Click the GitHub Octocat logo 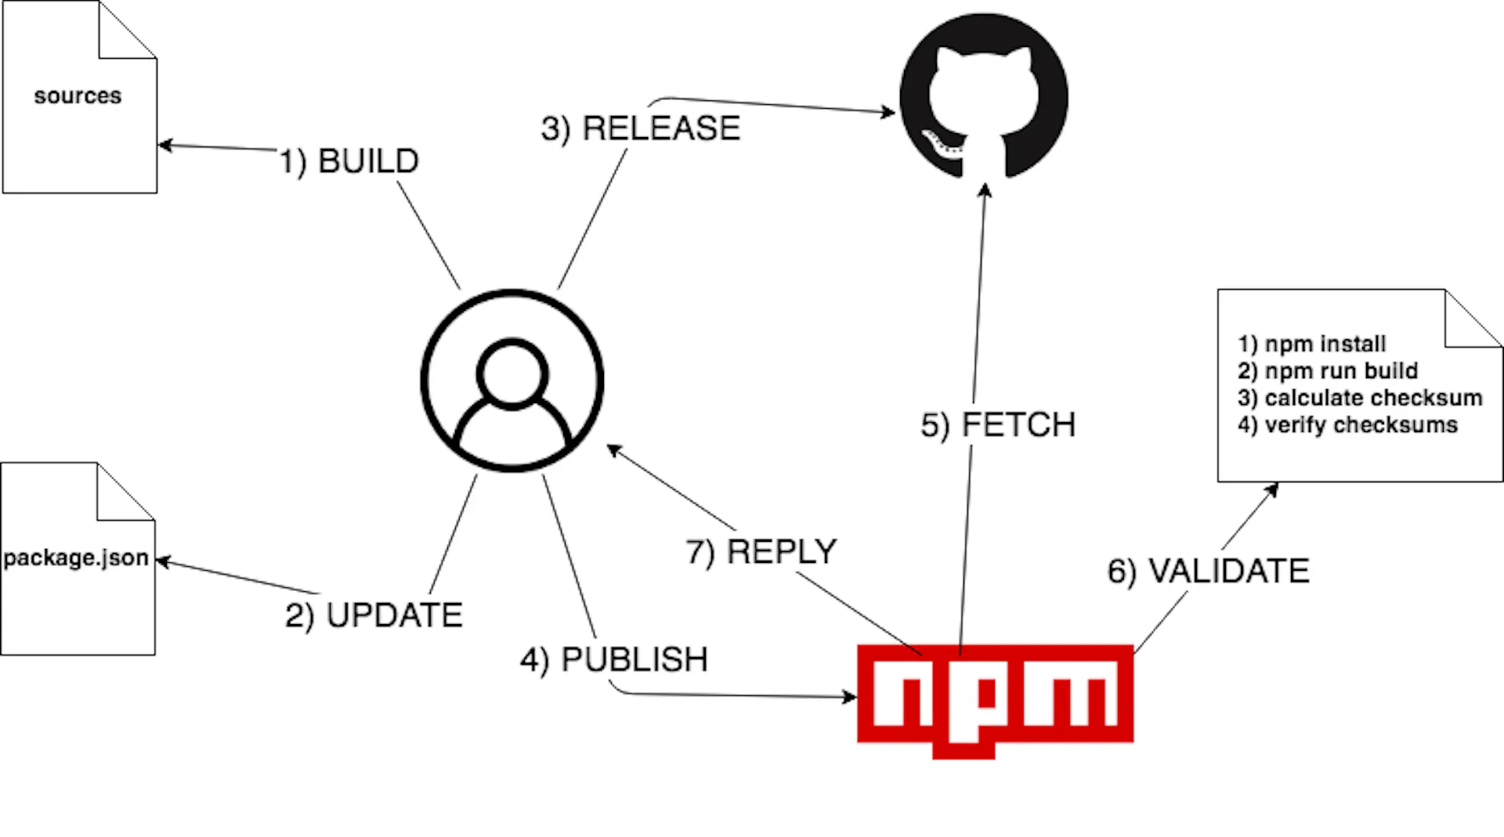click(x=984, y=96)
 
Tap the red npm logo click(x=995, y=699)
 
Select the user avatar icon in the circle click(x=512, y=381)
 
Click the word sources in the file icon click(x=78, y=96)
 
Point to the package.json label click(x=76, y=557)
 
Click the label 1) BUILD click(x=349, y=162)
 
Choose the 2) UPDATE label click(x=374, y=615)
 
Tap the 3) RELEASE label click(x=641, y=128)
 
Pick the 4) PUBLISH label click(x=614, y=660)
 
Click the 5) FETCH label click(x=998, y=425)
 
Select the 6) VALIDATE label click(x=1209, y=571)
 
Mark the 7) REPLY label click(x=761, y=552)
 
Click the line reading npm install click(x=1312, y=344)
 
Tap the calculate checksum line click(x=1360, y=398)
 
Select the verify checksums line click(x=1348, y=424)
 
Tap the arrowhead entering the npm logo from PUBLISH click(x=850, y=696)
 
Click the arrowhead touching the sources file click(x=165, y=145)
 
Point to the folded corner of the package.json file click(x=126, y=491)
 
